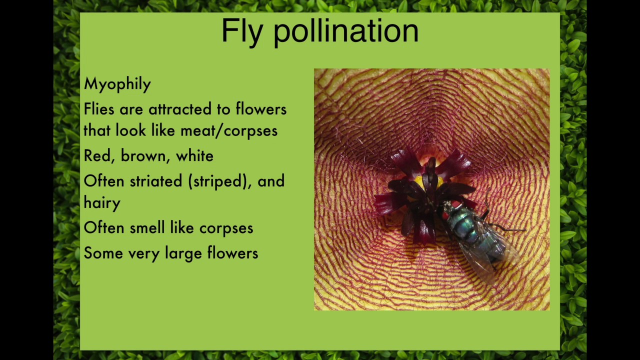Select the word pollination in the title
346,31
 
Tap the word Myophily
117,84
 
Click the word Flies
99,109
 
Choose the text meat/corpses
228,130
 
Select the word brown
143,156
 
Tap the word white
194,156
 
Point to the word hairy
102,203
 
